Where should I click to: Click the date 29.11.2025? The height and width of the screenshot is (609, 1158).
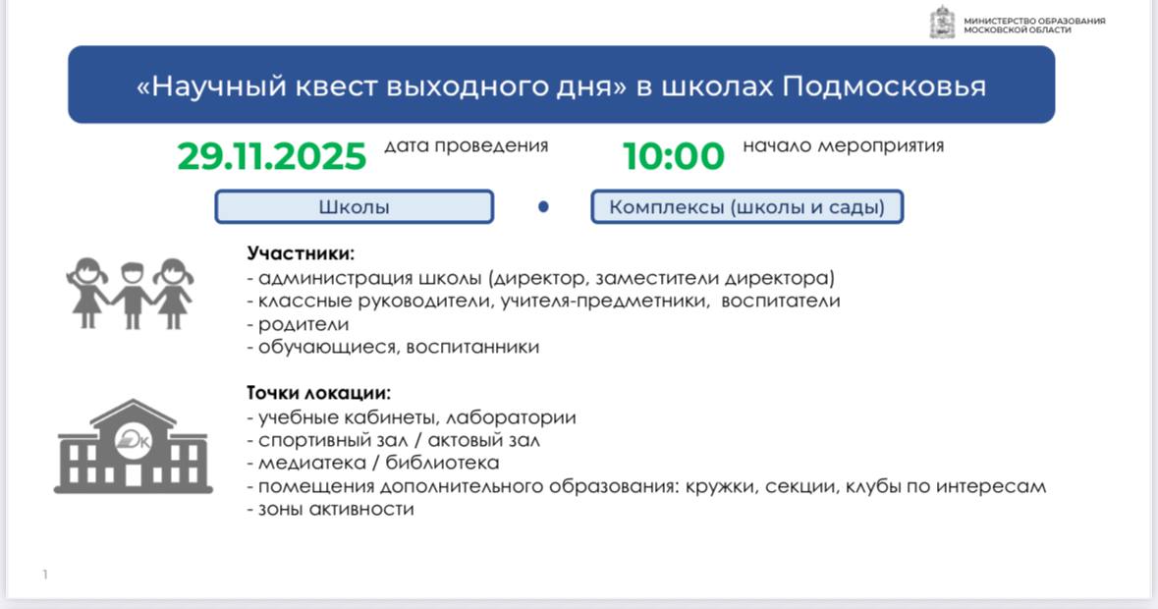point(272,156)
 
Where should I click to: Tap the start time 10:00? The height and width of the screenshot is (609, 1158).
point(674,156)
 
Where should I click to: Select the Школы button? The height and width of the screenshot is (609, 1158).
point(354,206)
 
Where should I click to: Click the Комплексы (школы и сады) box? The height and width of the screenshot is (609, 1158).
point(746,206)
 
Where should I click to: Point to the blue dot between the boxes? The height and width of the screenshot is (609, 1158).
point(543,206)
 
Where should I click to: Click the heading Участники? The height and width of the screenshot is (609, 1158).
point(301,253)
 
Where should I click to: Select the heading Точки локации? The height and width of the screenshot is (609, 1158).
point(318,393)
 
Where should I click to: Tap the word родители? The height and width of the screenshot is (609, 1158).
point(303,325)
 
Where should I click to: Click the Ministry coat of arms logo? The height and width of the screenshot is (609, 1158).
point(942,22)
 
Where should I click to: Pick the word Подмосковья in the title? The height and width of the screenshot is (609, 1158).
point(884,86)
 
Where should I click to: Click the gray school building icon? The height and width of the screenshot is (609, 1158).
point(133,446)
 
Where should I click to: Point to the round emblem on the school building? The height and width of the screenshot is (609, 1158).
point(133,441)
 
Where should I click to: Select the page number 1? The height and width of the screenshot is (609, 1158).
point(45,575)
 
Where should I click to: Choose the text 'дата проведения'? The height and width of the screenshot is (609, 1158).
point(466,146)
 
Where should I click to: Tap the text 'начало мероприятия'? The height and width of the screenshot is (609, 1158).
point(844,146)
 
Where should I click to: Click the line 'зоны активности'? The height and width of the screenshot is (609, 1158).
point(330,509)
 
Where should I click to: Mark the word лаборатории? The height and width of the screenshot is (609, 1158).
point(511,417)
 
